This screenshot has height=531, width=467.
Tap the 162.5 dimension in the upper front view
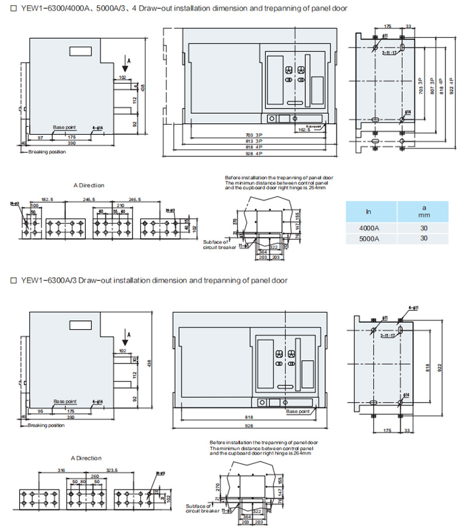coord(304,130)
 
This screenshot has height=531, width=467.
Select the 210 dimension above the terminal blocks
coord(121,205)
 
